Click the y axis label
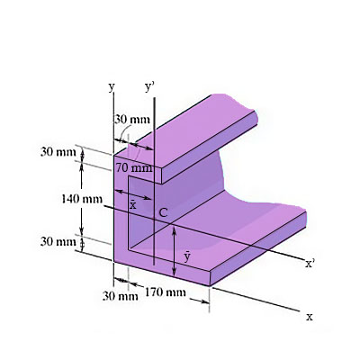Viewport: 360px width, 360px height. [112, 87]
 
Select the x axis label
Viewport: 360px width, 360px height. [309, 317]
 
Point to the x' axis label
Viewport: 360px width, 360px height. [310, 264]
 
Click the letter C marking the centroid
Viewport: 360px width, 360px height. [163, 212]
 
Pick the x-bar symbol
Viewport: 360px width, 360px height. [133, 205]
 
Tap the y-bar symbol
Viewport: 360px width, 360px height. [186, 256]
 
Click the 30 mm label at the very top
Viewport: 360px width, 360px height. [132, 120]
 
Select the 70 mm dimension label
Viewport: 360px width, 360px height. [134, 167]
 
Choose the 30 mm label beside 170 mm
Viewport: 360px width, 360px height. [119, 295]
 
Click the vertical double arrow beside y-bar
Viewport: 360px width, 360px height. [174, 253]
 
